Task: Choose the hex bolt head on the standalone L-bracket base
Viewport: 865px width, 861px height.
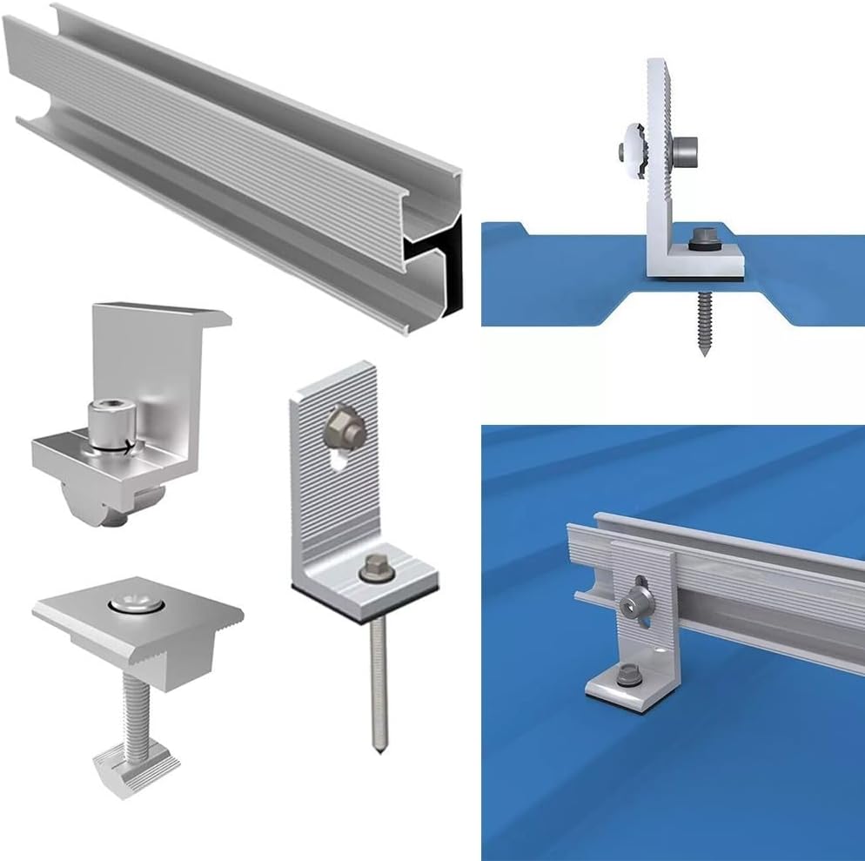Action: pos(375,567)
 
